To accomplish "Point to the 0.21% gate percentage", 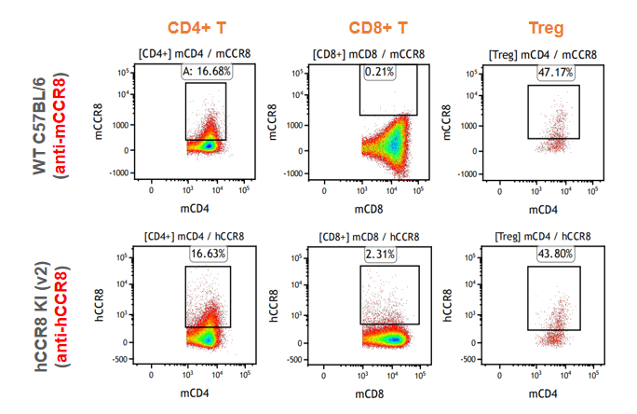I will pos(378,72).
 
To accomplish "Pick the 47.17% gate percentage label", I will pos(556,72).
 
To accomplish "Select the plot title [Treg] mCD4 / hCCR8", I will pos(545,237).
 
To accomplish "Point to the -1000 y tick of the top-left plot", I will pos(117,173).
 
